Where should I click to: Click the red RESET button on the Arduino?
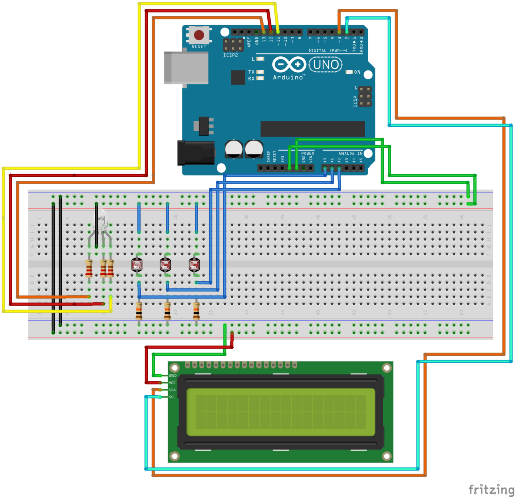pos(199,35)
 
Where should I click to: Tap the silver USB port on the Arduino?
pos(186,67)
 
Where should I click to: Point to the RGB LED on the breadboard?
pos(102,221)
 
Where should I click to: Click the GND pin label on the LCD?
pos(173,376)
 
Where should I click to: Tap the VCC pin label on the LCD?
pos(173,383)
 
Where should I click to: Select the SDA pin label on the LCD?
pos(173,390)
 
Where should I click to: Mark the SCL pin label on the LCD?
pos(173,397)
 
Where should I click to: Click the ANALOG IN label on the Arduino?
pos(350,153)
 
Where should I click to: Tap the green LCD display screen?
pos(281,411)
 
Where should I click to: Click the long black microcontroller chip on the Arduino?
pos(312,128)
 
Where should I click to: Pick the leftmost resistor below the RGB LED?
pos(89,268)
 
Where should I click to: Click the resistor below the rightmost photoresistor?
pos(196,311)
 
